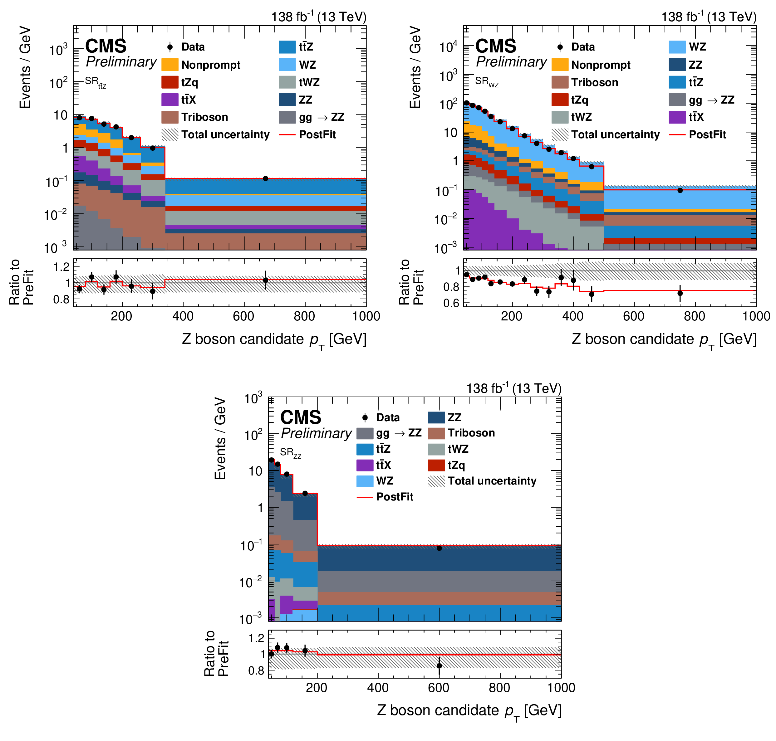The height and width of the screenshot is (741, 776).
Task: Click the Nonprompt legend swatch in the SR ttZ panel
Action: point(170,65)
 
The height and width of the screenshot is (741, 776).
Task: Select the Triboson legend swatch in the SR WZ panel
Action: point(560,82)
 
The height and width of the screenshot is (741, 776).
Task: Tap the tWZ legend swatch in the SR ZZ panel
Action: point(436,449)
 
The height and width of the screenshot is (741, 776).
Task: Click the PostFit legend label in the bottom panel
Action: point(394,496)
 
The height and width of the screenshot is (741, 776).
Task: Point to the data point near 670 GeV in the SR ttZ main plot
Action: point(266,178)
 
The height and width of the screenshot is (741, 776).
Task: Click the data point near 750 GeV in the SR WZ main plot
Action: point(680,190)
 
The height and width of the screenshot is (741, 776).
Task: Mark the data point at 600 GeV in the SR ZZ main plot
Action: point(439,548)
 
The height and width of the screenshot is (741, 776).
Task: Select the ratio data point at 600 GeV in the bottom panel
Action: point(439,665)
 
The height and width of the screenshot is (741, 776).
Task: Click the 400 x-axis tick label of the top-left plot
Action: point(183,316)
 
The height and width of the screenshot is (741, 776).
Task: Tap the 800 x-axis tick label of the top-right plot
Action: point(695,316)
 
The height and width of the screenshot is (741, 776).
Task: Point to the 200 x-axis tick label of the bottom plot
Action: point(317,688)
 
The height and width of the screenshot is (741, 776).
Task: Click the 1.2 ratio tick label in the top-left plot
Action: point(61,267)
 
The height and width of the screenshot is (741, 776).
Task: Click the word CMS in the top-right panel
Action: point(495,46)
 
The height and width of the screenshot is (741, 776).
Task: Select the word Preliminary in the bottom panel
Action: point(316,433)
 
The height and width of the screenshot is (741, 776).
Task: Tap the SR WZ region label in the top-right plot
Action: point(486,82)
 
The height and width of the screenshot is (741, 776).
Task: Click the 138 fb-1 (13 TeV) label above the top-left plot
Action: point(318,17)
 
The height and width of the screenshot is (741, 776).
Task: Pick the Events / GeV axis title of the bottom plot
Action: point(220,438)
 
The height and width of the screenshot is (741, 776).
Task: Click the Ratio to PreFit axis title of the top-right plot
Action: point(411,282)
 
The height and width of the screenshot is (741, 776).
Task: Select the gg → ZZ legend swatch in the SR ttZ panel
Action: point(287,117)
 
